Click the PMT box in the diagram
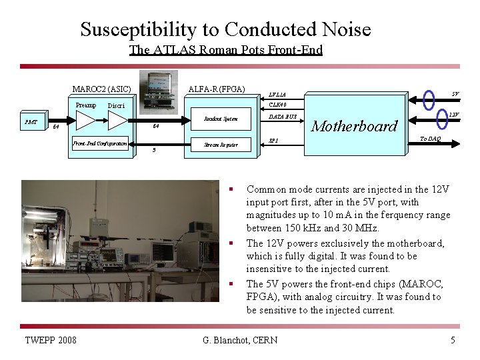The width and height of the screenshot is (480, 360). coord(31,122)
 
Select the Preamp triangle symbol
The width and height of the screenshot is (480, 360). coord(86,120)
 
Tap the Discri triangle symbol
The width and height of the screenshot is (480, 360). coord(117,120)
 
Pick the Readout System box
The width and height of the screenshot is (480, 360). coord(221,119)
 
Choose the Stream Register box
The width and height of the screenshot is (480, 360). coord(221,145)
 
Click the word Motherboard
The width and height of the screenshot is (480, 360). coord(354,125)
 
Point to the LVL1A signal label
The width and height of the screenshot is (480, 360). coord(277,94)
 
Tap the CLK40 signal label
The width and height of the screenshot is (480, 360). coord(277,105)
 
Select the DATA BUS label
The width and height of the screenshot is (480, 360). coord(282,117)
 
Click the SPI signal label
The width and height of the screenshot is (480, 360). coord(273,141)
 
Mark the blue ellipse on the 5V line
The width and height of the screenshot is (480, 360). coord(429,100)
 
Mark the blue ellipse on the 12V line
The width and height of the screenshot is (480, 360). coord(441,119)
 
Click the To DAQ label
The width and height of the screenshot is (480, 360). coord(429,139)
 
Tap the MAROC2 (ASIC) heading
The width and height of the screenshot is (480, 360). coord(101,89)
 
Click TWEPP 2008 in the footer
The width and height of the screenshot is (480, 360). coord(50,341)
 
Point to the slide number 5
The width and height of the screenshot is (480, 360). coord(453,341)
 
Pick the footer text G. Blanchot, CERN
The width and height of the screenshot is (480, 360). coord(240,341)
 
